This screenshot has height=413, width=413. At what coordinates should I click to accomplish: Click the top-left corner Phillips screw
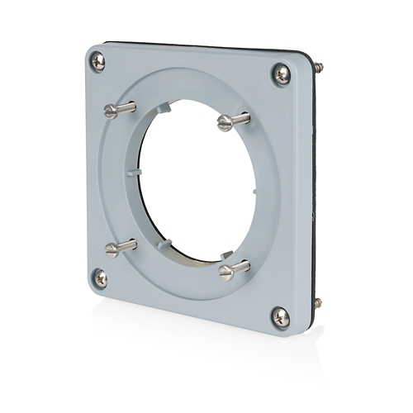click(98, 59)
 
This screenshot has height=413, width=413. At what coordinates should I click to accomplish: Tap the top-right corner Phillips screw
click(282, 74)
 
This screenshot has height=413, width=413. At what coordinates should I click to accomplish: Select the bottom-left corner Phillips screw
click(100, 278)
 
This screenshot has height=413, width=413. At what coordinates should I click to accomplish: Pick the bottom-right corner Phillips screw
click(281, 316)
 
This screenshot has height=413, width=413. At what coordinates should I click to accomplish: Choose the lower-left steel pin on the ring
click(121, 246)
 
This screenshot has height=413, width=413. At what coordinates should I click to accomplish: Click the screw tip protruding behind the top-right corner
click(320, 68)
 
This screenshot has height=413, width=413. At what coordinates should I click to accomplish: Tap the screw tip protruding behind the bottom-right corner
click(318, 303)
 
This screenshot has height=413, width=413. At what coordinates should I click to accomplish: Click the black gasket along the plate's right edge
click(314, 190)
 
